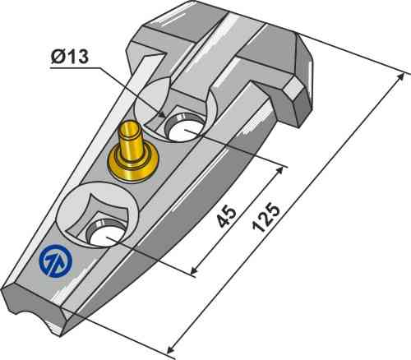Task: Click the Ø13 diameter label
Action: (70, 57)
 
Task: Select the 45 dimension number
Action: (227, 216)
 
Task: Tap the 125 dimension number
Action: (266, 217)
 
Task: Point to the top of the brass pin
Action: (131, 127)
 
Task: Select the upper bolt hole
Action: (185, 128)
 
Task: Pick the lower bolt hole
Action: (106, 233)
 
